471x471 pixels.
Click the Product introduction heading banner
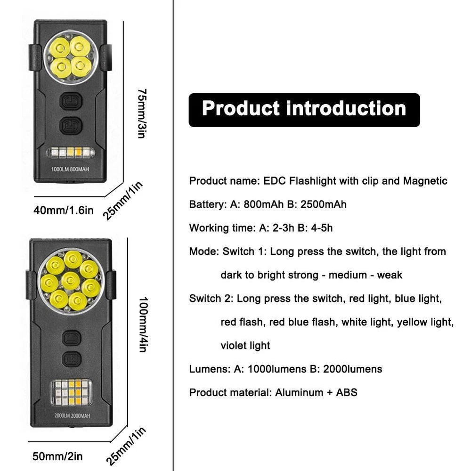pyautogui.click(x=304, y=109)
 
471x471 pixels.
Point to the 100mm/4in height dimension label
pyautogui.click(x=143, y=325)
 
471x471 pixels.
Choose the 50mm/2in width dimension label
pyautogui.click(x=58, y=456)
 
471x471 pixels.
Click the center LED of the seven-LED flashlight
pyautogui.click(x=70, y=281)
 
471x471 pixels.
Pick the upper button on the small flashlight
pyautogui.click(x=71, y=101)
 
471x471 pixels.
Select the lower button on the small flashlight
pyautogui.click(x=71, y=125)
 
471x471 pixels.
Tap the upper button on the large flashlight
pyautogui.click(x=71, y=338)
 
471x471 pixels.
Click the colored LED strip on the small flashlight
pyautogui.click(x=70, y=153)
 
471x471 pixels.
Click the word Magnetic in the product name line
pyautogui.click(x=425, y=181)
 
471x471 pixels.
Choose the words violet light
pyautogui.click(x=245, y=346)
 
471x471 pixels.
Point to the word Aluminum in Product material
pyautogui.click(x=299, y=393)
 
